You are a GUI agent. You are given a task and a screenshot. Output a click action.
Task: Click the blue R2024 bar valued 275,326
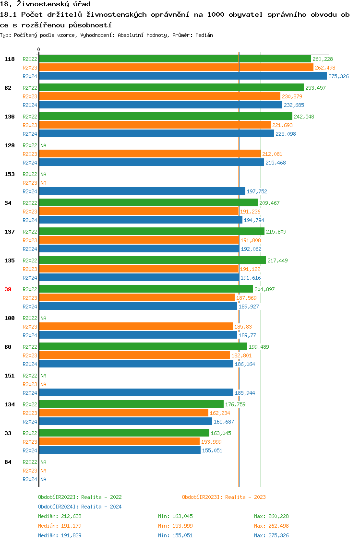coord(182,76)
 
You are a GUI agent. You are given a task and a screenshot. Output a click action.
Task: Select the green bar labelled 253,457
coord(171,88)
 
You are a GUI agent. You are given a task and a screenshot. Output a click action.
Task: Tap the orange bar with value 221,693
coord(155,125)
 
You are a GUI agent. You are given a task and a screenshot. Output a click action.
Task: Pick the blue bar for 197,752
coord(142,191)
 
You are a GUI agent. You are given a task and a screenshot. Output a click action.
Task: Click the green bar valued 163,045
coord(124,433)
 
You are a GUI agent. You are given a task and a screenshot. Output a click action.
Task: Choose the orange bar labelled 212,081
coord(150,154)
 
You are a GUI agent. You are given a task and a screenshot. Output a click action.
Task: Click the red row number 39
coord(8,289)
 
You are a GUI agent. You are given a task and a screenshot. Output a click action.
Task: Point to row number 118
coord(9,59)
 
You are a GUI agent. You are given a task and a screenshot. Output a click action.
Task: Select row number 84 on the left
coord(8,462)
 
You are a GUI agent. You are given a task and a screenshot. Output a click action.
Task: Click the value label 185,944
coord(245,393)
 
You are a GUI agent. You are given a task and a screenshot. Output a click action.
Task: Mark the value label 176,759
coord(235,404)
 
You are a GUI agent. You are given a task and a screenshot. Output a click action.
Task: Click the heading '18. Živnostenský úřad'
coord(45,4)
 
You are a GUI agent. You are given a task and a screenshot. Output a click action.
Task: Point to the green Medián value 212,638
coord(72,516)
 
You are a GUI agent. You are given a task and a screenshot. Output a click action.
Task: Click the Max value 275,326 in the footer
coord(279,535)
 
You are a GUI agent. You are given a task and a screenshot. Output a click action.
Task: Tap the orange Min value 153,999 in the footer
coord(183,526)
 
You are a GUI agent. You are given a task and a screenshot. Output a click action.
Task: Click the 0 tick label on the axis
coord(39,49)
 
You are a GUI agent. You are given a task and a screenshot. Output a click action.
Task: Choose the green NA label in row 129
coord(43,145)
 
